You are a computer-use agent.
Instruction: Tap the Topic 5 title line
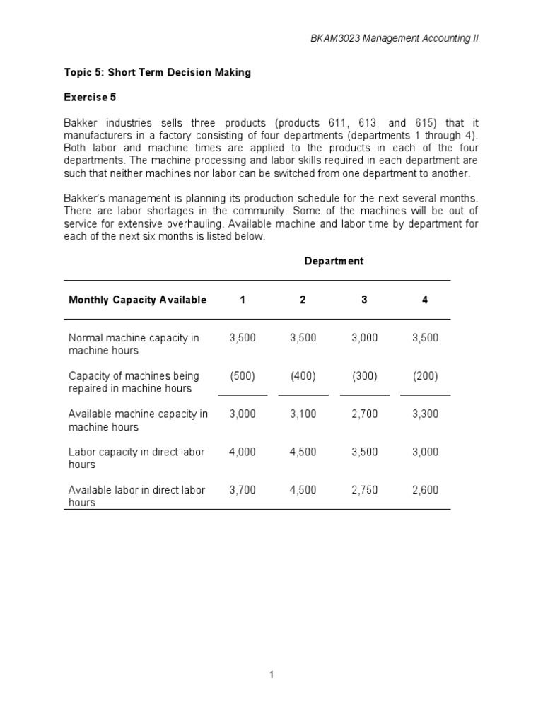pyautogui.click(x=159, y=73)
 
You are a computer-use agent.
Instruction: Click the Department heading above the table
pyautogui.click(x=334, y=261)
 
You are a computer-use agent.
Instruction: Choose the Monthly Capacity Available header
pyautogui.click(x=137, y=300)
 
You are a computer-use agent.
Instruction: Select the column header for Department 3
pyautogui.click(x=364, y=300)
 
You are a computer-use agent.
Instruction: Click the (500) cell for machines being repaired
pyautogui.click(x=243, y=376)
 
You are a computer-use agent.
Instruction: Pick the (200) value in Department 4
pyautogui.click(x=425, y=376)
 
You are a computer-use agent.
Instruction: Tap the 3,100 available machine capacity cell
pyautogui.click(x=303, y=414)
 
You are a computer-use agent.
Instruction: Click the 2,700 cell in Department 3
pyautogui.click(x=364, y=414)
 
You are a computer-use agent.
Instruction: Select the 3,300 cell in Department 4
pyautogui.click(x=425, y=414)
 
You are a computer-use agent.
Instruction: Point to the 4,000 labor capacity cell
pyautogui.click(x=243, y=452)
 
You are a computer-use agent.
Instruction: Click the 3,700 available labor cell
pyautogui.click(x=243, y=490)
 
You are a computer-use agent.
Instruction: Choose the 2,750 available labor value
pyautogui.click(x=364, y=490)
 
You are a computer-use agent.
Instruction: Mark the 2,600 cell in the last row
pyautogui.click(x=425, y=490)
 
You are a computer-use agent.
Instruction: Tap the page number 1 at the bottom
pyautogui.click(x=271, y=675)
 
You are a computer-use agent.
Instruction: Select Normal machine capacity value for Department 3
pyautogui.click(x=364, y=338)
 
